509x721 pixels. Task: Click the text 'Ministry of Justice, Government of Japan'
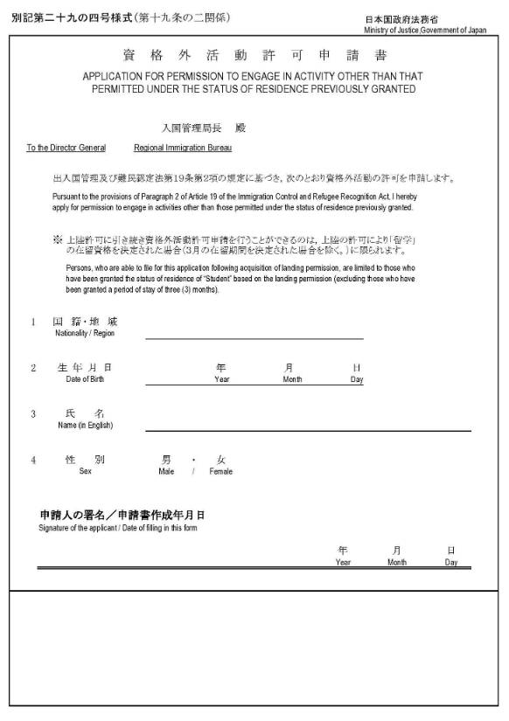coord(426,30)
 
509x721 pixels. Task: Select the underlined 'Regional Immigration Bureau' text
coord(183,148)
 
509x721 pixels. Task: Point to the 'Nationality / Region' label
coord(84,333)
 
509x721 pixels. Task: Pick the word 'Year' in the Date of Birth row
coord(221,380)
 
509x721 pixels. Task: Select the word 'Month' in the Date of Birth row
coord(292,380)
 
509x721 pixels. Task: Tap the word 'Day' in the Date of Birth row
coord(357,380)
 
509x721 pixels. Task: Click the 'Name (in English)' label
coord(85,426)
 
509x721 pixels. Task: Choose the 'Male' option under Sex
coord(166,471)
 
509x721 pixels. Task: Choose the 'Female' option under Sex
coord(220,471)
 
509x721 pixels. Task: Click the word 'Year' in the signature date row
coord(343,563)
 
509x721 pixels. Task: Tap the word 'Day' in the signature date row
coord(450,563)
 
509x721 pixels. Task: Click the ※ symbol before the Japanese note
coord(57,238)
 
